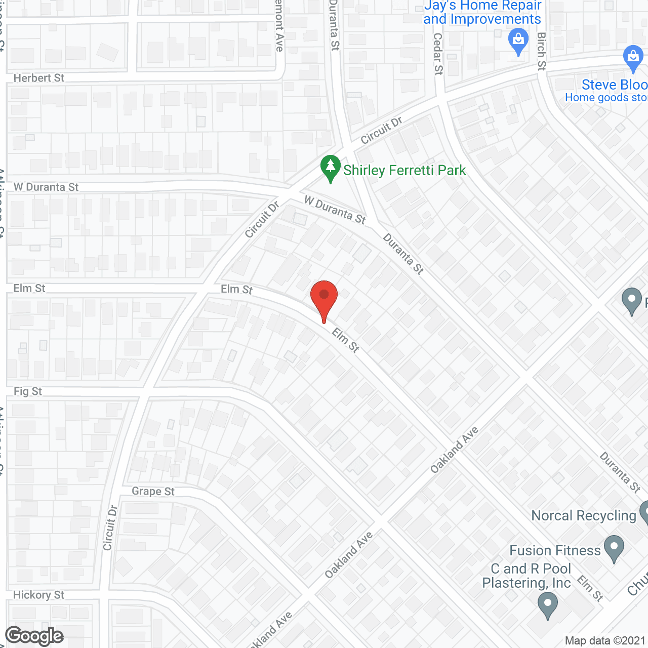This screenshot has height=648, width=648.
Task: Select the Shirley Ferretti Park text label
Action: click(404, 170)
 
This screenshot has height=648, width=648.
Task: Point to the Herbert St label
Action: click(39, 78)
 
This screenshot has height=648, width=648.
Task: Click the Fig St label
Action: click(28, 391)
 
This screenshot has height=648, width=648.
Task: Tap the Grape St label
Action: click(153, 491)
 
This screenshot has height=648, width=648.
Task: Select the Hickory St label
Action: click(39, 595)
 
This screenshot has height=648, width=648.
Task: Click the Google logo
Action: click(34, 636)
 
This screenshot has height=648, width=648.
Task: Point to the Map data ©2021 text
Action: click(605, 641)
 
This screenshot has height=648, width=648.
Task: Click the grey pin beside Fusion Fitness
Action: click(614, 548)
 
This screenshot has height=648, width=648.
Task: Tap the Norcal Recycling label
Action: click(584, 515)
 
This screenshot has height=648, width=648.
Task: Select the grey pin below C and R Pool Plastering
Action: click(547, 605)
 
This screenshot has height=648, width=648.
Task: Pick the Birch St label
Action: click(542, 52)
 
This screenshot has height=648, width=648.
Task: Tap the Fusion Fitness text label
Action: click(555, 550)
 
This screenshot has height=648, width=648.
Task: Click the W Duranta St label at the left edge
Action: click(46, 187)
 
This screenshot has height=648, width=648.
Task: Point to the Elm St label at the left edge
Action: click(29, 288)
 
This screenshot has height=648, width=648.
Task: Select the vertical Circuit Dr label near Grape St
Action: click(110, 528)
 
